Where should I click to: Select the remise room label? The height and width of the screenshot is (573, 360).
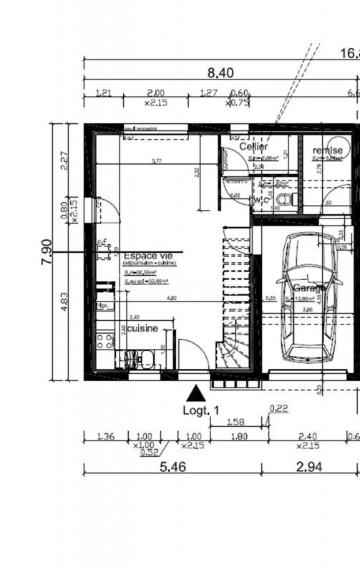pyautogui.click(x=327, y=150)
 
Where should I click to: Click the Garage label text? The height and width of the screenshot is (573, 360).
pyautogui.click(x=308, y=287)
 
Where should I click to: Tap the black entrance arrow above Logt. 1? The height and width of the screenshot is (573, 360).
pyautogui.click(x=194, y=393)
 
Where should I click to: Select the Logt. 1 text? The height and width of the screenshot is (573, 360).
pyautogui.click(x=200, y=410)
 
